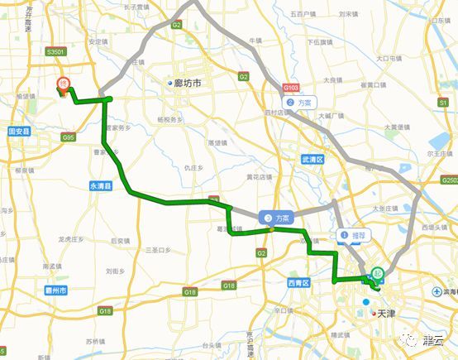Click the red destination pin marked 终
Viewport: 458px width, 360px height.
pos(63,84)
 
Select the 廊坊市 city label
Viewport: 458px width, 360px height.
pos(188,84)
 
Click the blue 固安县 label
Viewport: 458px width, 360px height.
pos(18,132)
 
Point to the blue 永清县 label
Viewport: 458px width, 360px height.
pos(100,187)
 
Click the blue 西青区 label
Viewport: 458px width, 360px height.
pos(298,283)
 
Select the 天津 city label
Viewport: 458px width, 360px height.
pos(385,314)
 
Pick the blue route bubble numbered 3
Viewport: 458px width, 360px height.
pos(276,218)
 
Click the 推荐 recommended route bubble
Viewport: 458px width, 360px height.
pos(351,236)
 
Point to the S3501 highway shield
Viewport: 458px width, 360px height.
pos(56,52)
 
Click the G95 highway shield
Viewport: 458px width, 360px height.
pos(68,137)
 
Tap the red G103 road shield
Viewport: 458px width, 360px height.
pos(290,86)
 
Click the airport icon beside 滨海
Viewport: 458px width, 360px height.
pos(436,292)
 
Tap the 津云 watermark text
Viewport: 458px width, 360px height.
pos(433,339)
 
